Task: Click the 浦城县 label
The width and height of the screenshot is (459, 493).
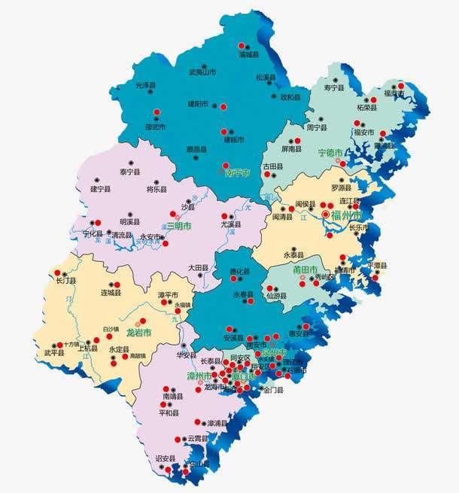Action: pos(248,55)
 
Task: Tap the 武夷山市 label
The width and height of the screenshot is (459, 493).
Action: pos(202,73)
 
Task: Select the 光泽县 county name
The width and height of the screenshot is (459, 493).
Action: pos(147,87)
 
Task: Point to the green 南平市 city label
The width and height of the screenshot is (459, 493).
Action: pos(237,172)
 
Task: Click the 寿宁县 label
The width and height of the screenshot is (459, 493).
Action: pos(334,88)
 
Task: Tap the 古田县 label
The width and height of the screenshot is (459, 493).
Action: pos(272,166)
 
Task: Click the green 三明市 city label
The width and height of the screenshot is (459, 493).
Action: pos(178,225)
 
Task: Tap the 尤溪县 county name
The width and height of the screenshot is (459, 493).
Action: pos(230,224)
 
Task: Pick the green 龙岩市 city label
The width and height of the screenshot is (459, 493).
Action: pos(138,332)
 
